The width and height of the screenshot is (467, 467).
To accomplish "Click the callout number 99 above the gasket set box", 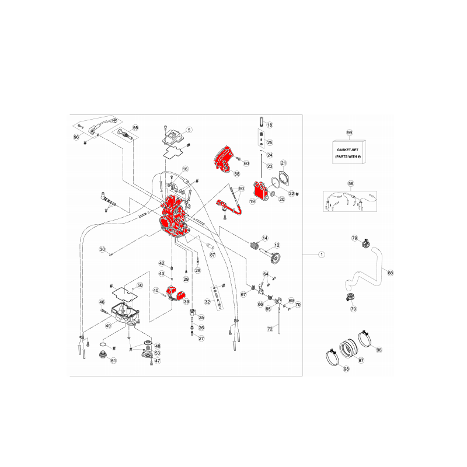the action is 349,133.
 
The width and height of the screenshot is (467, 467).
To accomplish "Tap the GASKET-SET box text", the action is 347,150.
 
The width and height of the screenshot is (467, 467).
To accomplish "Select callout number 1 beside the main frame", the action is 322,255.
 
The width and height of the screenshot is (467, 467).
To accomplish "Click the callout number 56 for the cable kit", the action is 351,183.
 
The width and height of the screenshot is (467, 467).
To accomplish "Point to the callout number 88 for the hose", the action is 390,273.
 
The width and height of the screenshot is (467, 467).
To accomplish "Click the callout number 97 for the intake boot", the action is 361,360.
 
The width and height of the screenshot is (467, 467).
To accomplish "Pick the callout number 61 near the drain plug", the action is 113,361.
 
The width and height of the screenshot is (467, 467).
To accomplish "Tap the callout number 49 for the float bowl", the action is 108,326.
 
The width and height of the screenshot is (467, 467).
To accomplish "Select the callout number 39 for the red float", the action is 186,302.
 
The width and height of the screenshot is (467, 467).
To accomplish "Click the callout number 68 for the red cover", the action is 237,173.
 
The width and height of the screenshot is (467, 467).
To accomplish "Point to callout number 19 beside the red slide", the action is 252,201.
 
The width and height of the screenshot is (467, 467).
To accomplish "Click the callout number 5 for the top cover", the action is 189,130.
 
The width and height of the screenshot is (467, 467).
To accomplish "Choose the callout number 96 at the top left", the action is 76,137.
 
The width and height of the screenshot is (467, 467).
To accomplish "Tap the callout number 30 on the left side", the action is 102,249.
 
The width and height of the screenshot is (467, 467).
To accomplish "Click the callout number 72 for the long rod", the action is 270,329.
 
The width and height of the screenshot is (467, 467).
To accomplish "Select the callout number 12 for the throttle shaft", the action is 277,245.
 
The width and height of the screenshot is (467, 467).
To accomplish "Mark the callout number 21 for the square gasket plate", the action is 284,163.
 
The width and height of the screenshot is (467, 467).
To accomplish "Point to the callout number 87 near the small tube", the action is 212,255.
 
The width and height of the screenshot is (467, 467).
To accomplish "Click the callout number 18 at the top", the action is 270,125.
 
